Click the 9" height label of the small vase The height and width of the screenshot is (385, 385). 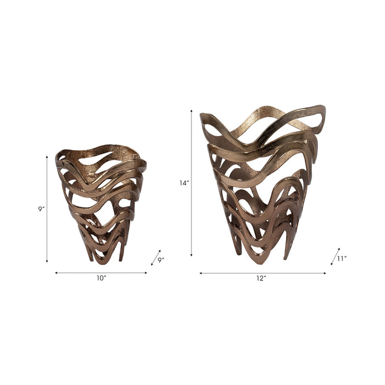tap(41, 209)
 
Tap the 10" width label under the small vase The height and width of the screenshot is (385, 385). tap(101, 279)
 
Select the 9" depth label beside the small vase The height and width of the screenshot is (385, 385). tap(161, 260)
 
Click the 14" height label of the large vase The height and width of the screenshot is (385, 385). tap(184, 183)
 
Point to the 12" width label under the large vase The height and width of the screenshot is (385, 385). tap(261, 279)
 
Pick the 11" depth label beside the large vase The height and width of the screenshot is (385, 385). tap(341, 258)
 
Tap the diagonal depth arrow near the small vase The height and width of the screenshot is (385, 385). tap(156, 257)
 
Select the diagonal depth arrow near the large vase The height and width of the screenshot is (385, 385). tap(335, 256)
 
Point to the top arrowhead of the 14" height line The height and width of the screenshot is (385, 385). tap(191, 111)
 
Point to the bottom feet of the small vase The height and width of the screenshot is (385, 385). tap(105, 256)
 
